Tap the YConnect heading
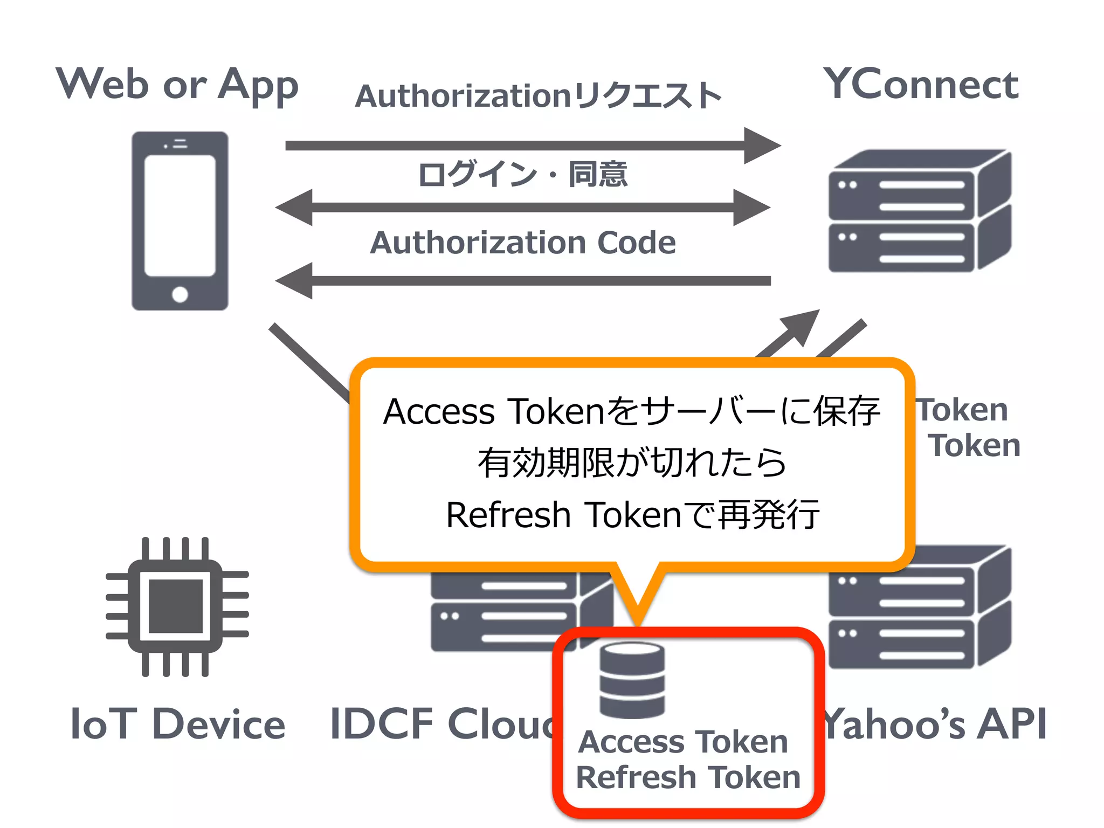tap(921, 85)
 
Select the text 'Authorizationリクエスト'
tap(538, 96)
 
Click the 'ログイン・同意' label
tap(522, 175)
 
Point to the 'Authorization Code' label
tap(522, 243)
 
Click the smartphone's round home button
tap(180, 294)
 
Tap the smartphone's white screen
tap(180, 216)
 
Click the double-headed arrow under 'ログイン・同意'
tap(522, 208)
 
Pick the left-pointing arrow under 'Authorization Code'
tap(522, 281)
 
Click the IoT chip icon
tap(176, 606)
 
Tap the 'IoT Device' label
tap(177, 724)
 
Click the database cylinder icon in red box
tap(632, 680)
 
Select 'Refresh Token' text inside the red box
tap(688, 777)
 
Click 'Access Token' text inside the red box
tap(683, 742)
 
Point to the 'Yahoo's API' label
tap(935, 724)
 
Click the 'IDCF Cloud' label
tap(442, 724)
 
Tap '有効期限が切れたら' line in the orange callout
tap(632, 463)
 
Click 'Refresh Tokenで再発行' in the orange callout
tap(632, 515)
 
